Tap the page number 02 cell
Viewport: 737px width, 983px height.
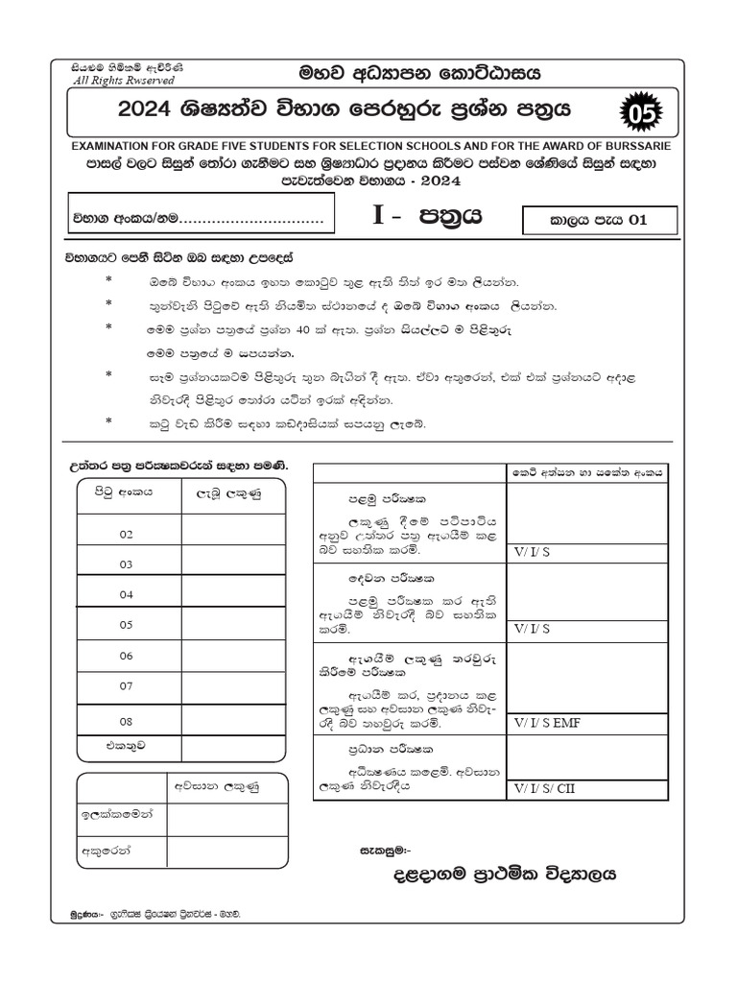click(x=126, y=534)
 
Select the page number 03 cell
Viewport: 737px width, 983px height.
click(x=126, y=564)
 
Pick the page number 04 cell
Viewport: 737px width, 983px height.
click(x=126, y=594)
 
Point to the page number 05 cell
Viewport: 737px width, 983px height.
click(x=126, y=625)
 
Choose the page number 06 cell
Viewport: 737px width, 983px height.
click(x=126, y=656)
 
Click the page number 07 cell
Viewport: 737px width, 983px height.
click(x=126, y=686)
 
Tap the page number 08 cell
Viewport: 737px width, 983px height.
click(x=126, y=720)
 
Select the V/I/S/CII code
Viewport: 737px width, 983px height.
click(x=550, y=788)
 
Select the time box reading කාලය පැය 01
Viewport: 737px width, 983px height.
click(x=599, y=220)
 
